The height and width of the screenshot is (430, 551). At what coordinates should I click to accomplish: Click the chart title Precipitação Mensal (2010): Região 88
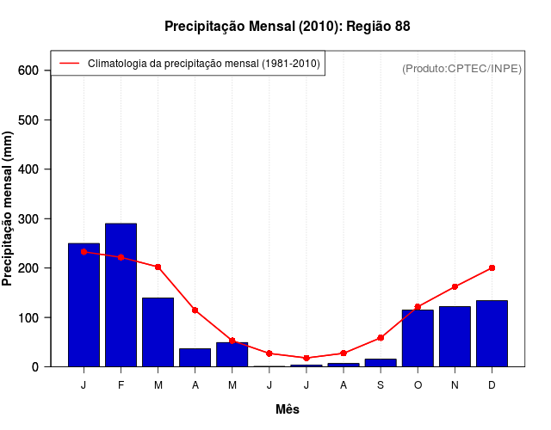pos(287,27)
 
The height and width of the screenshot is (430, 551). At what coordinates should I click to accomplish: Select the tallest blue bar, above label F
pos(121,295)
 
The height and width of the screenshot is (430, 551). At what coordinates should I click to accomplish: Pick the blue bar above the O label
pos(418,338)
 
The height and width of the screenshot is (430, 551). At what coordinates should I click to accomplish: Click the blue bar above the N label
pos(455,336)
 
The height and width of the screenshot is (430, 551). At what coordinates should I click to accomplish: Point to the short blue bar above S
pos(381,362)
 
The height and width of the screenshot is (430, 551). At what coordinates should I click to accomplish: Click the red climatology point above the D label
pos(492,267)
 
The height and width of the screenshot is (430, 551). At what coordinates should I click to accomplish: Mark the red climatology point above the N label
pos(455,286)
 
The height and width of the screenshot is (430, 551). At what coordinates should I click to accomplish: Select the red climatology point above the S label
pos(381,338)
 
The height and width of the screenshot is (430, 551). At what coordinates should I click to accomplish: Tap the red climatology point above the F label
pos(121,257)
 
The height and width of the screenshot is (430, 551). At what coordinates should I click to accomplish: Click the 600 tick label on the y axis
pos(30,70)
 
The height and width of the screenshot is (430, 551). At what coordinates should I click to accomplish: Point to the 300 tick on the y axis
pos(30,218)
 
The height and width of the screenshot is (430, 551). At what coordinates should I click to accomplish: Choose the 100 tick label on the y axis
pos(30,317)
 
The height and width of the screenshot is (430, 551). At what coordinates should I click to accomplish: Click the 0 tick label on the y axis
pos(35,367)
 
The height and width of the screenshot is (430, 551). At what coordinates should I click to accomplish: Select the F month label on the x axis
pos(121,385)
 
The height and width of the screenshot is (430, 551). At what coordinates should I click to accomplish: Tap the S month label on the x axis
pos(381,385)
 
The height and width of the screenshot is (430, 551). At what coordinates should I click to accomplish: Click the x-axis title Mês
pos(288,409)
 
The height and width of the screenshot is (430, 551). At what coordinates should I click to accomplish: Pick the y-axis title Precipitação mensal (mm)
pos(9,208)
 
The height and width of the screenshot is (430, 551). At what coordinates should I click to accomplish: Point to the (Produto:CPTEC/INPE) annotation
pos(461,68)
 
